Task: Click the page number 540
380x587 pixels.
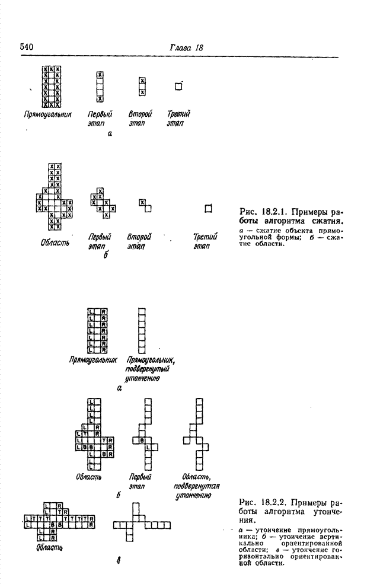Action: coord(28,46)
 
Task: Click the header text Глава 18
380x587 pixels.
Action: coord(183,47)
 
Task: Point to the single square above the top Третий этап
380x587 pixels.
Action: coord(177,87)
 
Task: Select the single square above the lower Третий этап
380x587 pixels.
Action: coord(207,208)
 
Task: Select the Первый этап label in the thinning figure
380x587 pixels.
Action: coord(140,481)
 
